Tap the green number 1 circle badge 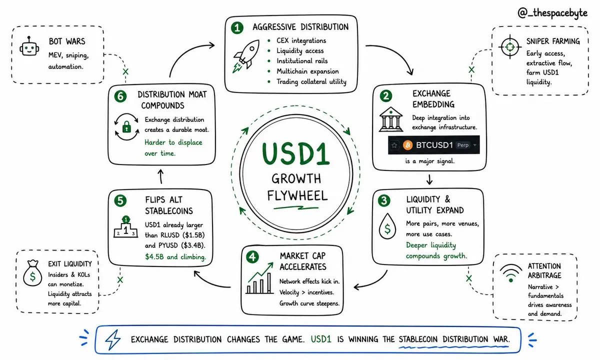(x=237, y=28)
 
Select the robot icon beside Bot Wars (x=29, y=47)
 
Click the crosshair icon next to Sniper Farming (x=510, y=47)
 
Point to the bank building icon (x=391, y=119)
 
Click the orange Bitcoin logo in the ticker (x=407, y=145)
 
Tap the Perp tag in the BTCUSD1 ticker (x=463, y=145)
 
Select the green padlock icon (x=126, y=126)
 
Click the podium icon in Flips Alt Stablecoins (x=125, y=227)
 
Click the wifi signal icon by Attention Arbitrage (x=511, y=273)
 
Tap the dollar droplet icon (x=387, y=226)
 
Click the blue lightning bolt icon (x=113, y=339)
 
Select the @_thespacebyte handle (x=552, y=13)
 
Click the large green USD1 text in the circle (x=295, y=153)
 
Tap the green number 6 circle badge (x=120, y=96)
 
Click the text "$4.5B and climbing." (x=175, y=257)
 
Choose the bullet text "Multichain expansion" (x=307, y=71)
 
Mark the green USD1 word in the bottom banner (x=321, y=339)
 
